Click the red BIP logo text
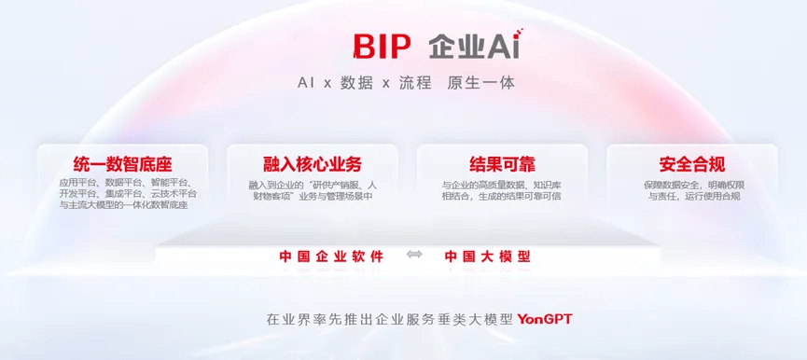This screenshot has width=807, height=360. pos(383,47)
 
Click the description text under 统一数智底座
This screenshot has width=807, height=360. pos(123,193)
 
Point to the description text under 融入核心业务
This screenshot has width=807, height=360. pos(313,190)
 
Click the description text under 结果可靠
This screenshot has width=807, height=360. pos(502,190)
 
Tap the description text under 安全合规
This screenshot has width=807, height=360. pos(691,190)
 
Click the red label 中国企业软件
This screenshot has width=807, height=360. pos(331,256)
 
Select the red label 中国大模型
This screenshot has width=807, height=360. pos(488,256)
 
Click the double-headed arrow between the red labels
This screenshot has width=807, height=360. pos(414,256)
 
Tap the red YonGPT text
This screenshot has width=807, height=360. pos(545,319)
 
